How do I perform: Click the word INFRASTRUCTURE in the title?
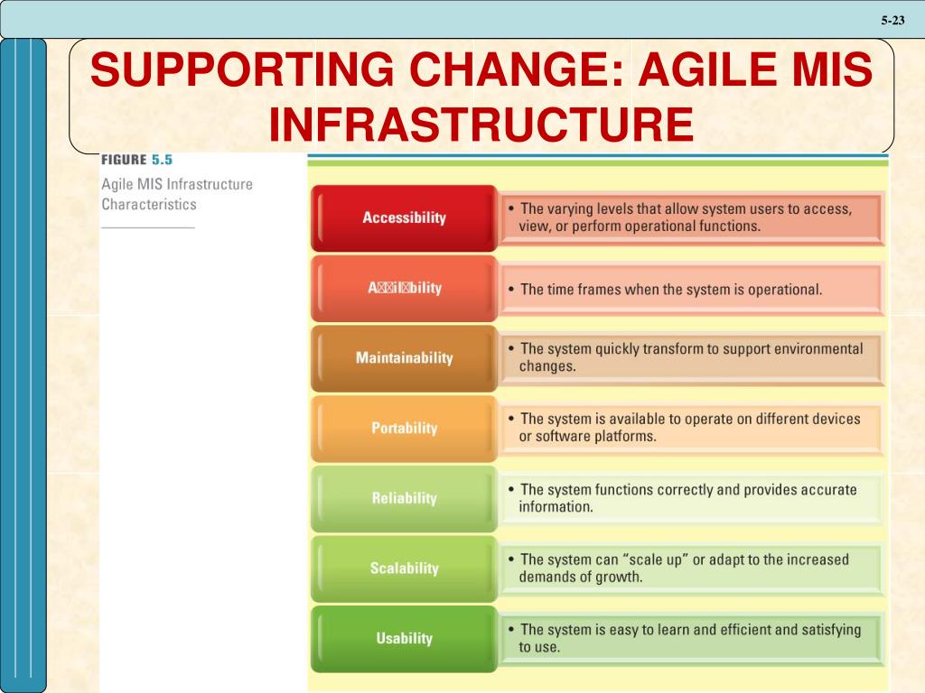click(x=481, y=124)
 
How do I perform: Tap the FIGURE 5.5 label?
click(x=135, y=160)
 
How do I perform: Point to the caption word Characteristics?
click(x=148, y=204)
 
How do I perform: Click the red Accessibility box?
click(x=404, y=217)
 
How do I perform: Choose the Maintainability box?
click(x=404, y=358)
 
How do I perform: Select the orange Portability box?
click(x=404, y=428)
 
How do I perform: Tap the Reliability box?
click(x=404, y=498)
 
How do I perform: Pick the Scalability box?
click(x=404, y=568)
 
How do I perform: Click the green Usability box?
click(x=404, y=638)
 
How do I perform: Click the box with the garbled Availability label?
click(x=404, y=288)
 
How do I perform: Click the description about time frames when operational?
click(x=671, y=290)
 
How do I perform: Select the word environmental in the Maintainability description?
click(x=818, y=348)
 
